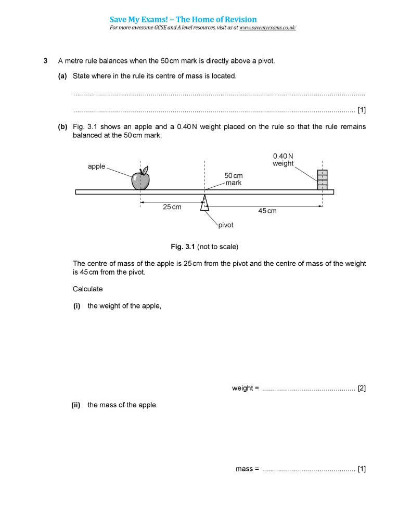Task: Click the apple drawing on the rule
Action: (x=140, y=179)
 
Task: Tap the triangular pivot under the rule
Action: (x=204, y=203)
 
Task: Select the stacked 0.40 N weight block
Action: (x=323, y=180)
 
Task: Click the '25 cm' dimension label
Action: (x=172, y=207)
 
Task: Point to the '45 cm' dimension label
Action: (x=267, y=211)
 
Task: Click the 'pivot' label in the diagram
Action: (x=226, y=225)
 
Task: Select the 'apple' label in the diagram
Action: (x=97, y=166)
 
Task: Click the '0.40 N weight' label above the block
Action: (x=283, y=160)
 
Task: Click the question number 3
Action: (x=46, y=61)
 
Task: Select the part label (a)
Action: (x=63, y=76)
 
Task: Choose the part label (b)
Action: (x=63, y=126)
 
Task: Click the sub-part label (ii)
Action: (x=76, y=405)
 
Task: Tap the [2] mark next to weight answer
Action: (x=362, y=388)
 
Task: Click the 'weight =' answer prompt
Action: (x=245, y=388)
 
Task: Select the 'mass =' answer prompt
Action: (x=247, y=469)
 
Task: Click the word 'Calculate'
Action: (x=88, y=289)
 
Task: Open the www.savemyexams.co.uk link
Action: (x=267, y=28)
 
